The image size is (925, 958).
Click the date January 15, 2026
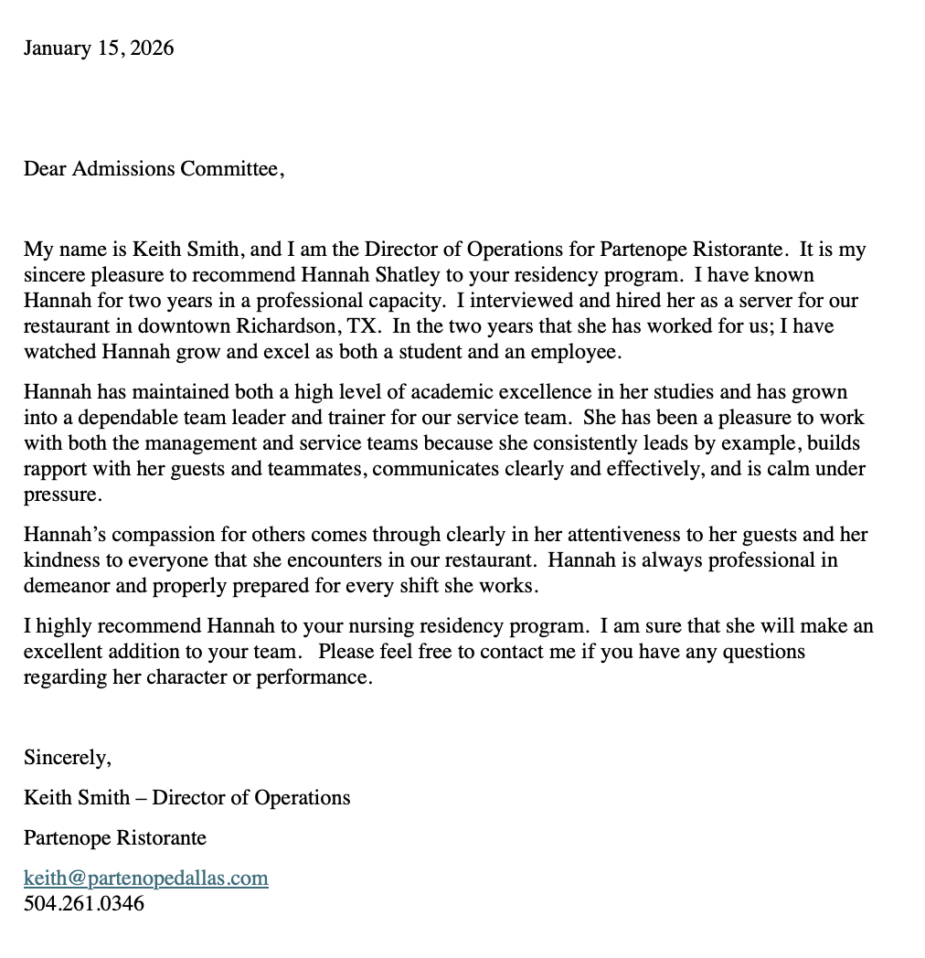pyautogui.click(x=99, y=48)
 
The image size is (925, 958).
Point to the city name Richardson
pyautogui.click(x=283, y=325)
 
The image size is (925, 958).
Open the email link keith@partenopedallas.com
pyautogui.click(x=146, y=878)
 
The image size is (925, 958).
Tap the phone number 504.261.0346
pyautogui.click(x=84, y=904)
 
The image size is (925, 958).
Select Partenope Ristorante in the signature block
pyautogui.click(x=115, y=837)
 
